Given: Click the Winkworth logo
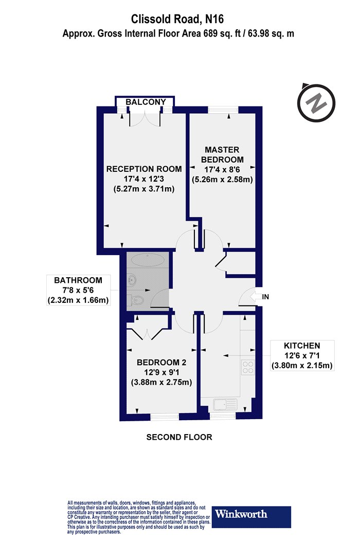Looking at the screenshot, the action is coord(251,516).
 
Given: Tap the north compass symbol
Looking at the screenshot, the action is coord(316,102).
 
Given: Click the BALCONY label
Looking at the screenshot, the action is coord(146,102).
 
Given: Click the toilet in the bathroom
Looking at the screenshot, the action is coord(137,300).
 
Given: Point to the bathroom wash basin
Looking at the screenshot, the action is coord(132,279).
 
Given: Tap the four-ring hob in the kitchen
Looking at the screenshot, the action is coord(248,367).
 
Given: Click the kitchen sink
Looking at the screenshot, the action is coord(225,404).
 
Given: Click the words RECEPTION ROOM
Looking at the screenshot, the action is coord(144,169).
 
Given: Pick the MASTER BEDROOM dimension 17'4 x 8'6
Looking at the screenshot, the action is coord(222,169).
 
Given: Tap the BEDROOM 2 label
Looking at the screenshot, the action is coord(161,362).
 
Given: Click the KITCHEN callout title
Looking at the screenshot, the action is coord(302,346).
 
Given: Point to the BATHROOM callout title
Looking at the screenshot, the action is coord(78,280).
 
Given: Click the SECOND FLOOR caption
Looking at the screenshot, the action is coord(179,437).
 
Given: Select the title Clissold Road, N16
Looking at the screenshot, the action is coord(177,19).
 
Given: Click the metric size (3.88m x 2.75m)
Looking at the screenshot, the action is coord(161,382).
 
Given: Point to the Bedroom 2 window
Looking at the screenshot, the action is coord(165,418).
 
